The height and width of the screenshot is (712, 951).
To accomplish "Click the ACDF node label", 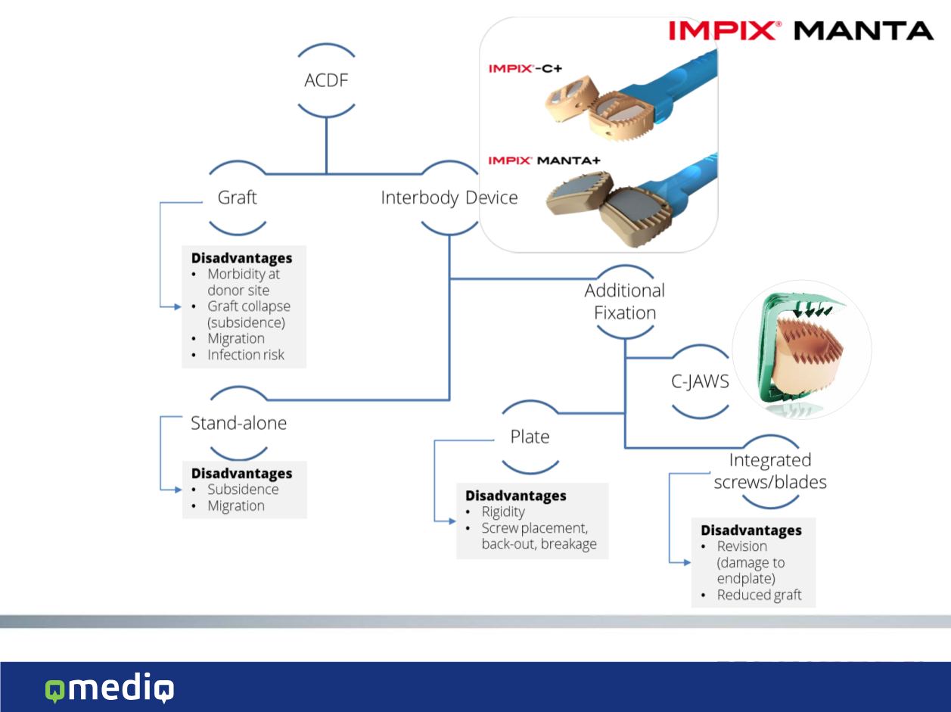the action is [x=326, y=80].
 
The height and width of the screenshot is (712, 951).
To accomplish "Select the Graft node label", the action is [x=237, y=197].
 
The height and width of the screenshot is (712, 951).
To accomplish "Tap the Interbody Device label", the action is [x=449, y=198].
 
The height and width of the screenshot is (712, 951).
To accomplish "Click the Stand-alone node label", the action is [x=239, y=423].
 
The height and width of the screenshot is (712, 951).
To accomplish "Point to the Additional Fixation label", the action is [x=625, y=301].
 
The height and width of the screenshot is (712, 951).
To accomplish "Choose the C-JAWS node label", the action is [x=700, y=381].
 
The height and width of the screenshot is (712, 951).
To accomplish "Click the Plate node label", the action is [x=530, y=437].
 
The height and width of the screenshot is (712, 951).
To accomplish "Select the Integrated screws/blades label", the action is [x=770, y=471].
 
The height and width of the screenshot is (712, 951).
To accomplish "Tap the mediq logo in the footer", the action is [x=110, y=687].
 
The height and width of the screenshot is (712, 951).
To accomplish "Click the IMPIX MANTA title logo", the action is [x=801, y=31].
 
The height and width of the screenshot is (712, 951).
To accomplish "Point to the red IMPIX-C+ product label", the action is [x=525, y=68].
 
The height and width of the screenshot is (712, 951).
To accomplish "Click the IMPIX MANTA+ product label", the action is [x=544, y=160].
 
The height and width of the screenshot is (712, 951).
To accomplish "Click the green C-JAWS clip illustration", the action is [x=801, y=351].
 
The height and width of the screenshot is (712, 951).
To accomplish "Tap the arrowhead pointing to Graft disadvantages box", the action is [x=177, y=306].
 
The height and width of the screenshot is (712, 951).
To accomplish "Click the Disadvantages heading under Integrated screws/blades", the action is [x=751, y=530].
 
